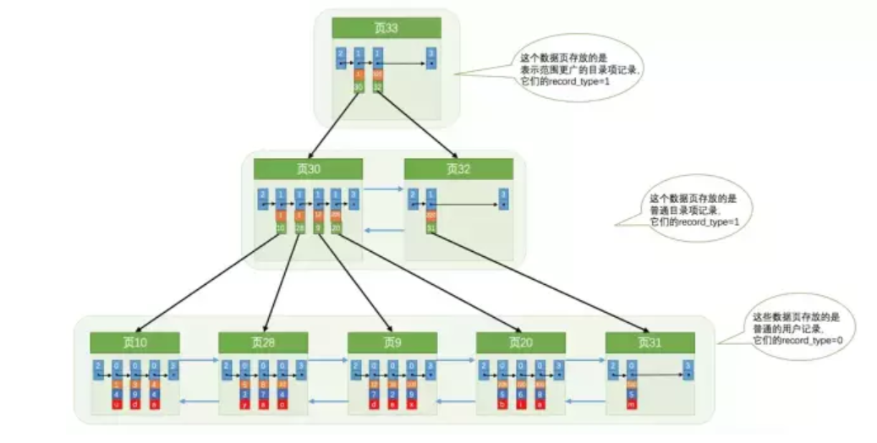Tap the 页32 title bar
pyautogui.click(x=458, y=169)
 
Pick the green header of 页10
pyautogui.click(x=134, y=342)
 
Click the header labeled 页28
pyautogui.click(x=263, y=342)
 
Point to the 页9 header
pyautogui.click(x=392, y=342)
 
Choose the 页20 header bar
pyautogui.click(x=520, y=342)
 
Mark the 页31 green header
pyautogui.click(x=650, y=342)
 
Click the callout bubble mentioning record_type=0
pyautogui.click(x=799, y=326)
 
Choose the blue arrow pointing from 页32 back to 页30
pyautogui.click(x=384, y=230)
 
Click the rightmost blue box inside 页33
pyautogui.click(x=431, y=57)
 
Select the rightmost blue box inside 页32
pyautogui.click(x=504, y=199)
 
